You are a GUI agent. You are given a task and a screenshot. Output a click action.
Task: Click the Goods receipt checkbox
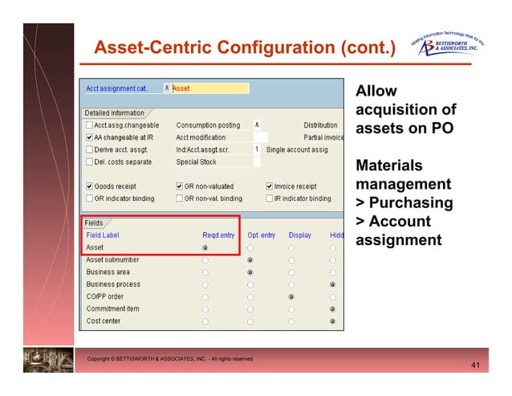pyautogui.click(x=89, y=186)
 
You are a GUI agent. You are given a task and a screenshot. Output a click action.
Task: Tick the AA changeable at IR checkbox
pyautogui.click(x=89, y=137)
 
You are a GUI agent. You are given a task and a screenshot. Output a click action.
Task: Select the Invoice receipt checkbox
pyautogui.click(x=270, y=186)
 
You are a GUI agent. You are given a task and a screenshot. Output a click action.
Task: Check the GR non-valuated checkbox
pyautogui.click(x=179, y=186)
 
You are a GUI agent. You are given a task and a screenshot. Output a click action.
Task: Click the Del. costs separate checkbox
pyautogui.click(x=89, y=161)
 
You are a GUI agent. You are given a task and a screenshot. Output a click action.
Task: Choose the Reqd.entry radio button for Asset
pyautogui.click(x=206, y=248)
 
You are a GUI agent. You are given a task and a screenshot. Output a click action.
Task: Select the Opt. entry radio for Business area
pyautogui.click(x=250, y=272)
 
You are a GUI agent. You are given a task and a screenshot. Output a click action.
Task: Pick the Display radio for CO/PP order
pyautogui.click(x=291, y=296)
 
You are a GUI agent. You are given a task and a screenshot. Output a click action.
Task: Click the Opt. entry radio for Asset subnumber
pyautogui.click(x=250, y=260)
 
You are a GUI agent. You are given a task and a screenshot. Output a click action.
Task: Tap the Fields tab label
pyautogui.click(x=95, y=222)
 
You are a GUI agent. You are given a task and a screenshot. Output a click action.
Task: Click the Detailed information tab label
pyautogui.click(x=115, y=113)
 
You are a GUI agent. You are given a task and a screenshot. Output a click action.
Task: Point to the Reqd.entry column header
pyautogui.click(x=218, y=235)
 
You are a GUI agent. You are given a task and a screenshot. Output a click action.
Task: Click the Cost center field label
pyautogui.click(x=104, y=321)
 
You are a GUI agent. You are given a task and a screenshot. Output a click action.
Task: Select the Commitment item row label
pyautogui.click(x=112, y=308)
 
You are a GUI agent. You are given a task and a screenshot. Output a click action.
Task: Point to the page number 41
pyautogui.click(x=475, y=366)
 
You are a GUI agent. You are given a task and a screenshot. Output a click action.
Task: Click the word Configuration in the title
pyautogui.click(x=272, y=49)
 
